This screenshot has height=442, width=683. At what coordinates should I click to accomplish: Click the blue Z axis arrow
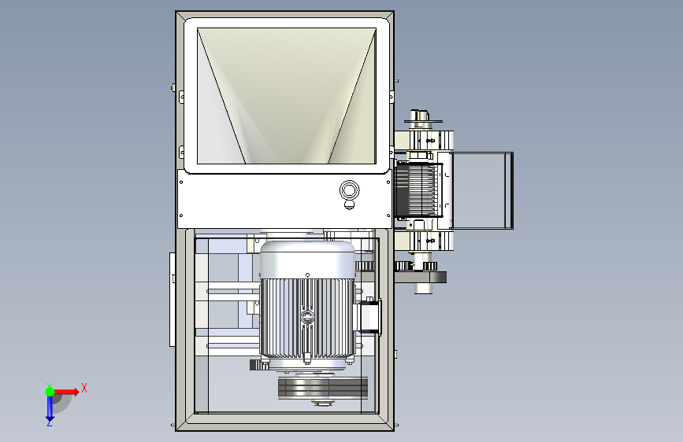click(50, 407)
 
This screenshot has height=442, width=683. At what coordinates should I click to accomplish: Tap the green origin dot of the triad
click(50, 392)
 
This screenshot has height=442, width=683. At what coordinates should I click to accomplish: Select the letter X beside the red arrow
click(84, 388)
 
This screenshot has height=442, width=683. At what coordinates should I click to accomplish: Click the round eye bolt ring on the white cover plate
click(349, 190)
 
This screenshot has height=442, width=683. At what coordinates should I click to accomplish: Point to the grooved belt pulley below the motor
click(323, 388)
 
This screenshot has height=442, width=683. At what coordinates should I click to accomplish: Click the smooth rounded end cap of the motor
click(307, 260)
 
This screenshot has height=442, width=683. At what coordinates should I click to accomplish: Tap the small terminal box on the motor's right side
click(369, 317)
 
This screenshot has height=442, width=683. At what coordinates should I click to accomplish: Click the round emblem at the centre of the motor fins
click(307, 317)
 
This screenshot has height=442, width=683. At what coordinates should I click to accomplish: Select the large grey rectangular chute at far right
click(483, 190)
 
